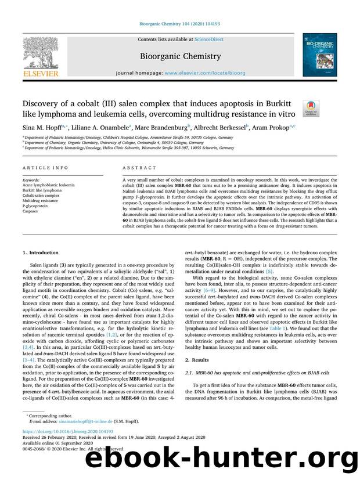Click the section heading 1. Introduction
point(40,253)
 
